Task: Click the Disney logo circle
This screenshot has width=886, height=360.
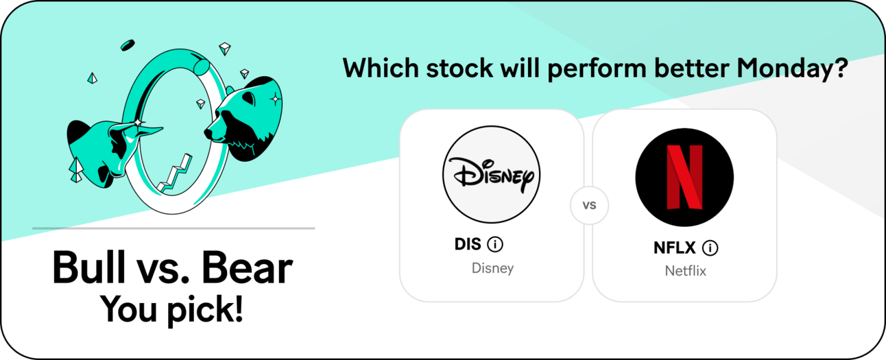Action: [491, 174]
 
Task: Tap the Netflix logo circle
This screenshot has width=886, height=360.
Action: [684, 177]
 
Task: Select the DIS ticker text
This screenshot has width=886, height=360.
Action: [468, 244]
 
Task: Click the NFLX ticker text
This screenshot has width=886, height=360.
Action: [674, 248]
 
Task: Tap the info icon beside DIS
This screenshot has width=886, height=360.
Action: [495, 244]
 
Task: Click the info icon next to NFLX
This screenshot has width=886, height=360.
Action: [710, 248]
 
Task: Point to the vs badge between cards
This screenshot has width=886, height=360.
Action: [589, 205]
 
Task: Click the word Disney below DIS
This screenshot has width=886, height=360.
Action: [492, 268]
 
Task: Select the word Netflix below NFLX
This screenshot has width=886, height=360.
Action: [685, 271]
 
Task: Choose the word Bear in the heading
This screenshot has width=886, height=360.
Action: [247, 268]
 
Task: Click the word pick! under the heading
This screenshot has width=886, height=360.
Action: [205, 311]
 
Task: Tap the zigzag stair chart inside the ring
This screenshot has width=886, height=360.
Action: [175, 174]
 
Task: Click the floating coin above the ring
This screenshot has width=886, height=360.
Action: [128, 45]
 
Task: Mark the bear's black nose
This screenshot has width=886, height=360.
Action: [208, 133]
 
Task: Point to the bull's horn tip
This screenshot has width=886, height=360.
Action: [163, 128]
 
